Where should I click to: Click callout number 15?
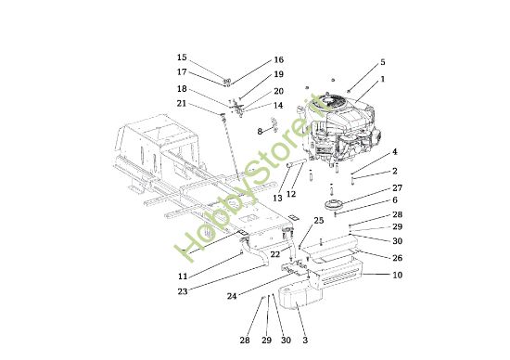click(x=182, y=58)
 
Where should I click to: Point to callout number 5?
click(x=381, y=63)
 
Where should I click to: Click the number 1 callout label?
click(x=381, y=79)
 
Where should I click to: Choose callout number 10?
click(x=397, y=276)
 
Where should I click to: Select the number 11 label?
click(x=183, y=276)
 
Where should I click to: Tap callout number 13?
click(x=276, y=198)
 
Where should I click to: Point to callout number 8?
click(x=261, y=132)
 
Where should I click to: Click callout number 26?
click(x=397, y=258)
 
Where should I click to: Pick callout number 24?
click(x=231, y=297)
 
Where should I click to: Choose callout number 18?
click(x=182, y=88)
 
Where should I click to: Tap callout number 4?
click(x=394, y=151)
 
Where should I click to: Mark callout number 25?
click(x=318, y=220)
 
